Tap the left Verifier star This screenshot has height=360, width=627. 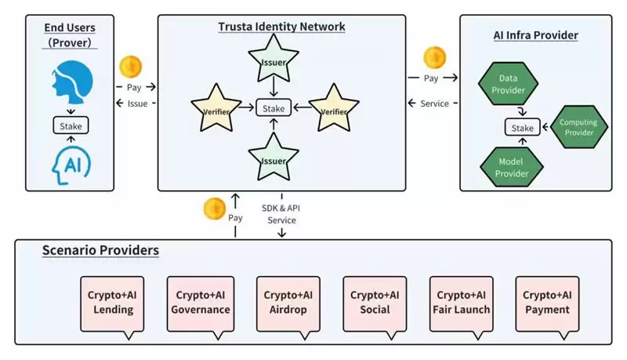tap(216, 109)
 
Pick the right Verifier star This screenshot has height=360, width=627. tap(334, 109)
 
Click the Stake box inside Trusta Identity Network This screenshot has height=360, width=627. tap(274, 108)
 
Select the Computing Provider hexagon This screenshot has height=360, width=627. tap(577, 127)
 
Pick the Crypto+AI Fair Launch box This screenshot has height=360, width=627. tap(462, 302)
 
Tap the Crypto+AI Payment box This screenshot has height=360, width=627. tap(547, 302)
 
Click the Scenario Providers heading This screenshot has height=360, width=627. tap(100, 251)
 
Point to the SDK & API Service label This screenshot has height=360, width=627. tap(281, 214)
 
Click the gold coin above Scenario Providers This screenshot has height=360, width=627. tap(215, 209)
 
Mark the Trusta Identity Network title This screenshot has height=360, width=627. tap(281, 27)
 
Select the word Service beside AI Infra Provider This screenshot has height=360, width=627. tap(434, 104)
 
